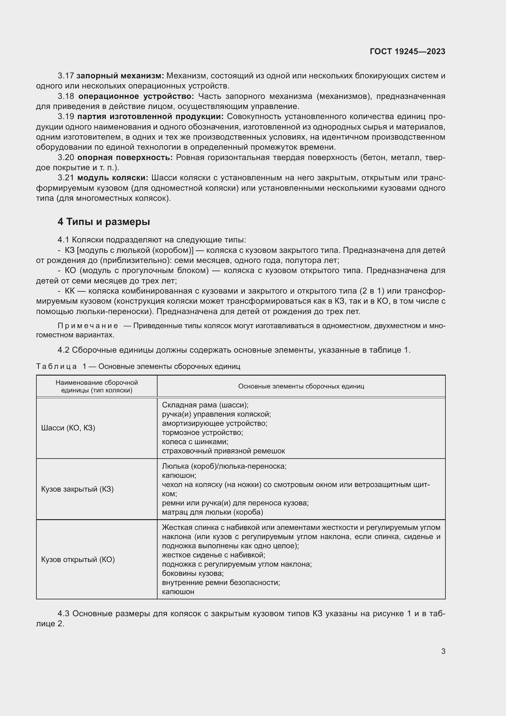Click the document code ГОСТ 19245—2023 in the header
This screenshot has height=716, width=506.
407,51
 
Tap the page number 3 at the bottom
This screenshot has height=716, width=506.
443,651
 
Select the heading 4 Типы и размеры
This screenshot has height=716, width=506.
104,222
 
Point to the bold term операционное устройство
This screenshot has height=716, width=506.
136,96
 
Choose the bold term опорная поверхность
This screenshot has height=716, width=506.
125,157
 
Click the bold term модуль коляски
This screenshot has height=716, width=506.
113,178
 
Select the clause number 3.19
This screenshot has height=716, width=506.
66,117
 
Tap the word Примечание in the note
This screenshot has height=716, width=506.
88,326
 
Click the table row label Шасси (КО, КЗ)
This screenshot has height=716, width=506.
68,428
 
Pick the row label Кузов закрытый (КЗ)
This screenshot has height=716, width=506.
77,489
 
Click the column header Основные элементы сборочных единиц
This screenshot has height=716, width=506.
301,386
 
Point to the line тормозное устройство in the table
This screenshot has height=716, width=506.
202,433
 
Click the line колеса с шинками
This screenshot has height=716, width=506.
195,442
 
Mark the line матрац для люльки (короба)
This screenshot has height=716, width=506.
212,512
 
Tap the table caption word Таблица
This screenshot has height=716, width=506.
56,366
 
